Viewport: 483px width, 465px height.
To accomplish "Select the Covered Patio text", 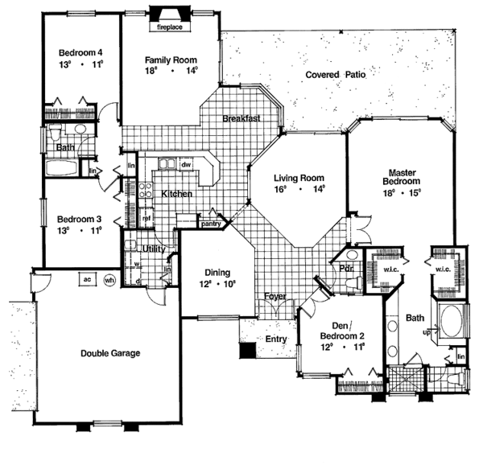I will click(336, 75).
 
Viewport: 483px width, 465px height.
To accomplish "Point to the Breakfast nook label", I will click(242, 119).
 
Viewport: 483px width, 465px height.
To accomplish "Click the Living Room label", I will click(298, 179).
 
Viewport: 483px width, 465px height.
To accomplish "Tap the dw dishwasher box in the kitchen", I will click(185, 164).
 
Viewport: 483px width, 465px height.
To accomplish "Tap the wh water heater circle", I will click(110, 280).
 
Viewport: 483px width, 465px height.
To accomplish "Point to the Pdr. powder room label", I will click(348, 268).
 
